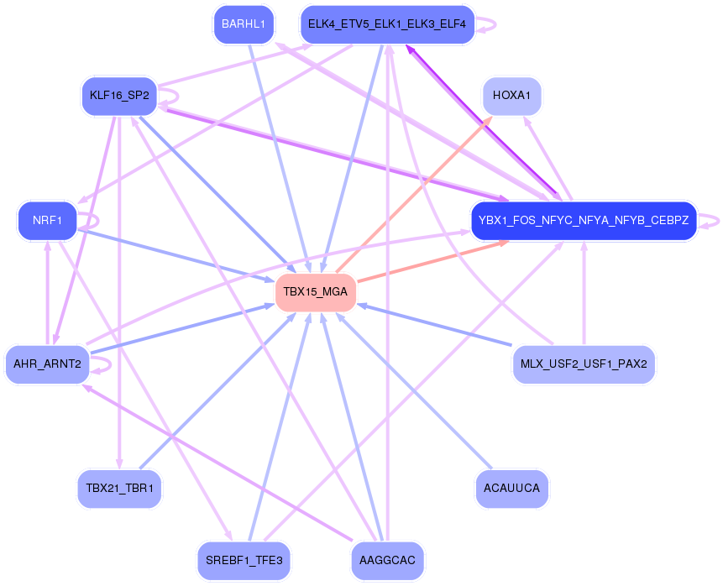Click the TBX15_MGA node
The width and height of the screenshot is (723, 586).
click(x=316, y=293)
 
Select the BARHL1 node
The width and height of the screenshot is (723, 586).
click(x=244, y=24)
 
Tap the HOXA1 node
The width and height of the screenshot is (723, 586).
click(x=511, y=96)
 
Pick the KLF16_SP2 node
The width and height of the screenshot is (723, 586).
click(x=118, y=96)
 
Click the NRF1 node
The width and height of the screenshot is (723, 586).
click(x=47, y=221)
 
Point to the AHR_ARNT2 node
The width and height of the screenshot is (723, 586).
click(x=47, y=364)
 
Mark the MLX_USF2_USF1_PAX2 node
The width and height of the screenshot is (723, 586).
click(x=584, y=364)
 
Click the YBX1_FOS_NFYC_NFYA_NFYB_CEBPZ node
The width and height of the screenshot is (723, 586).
click(x=584, y=221)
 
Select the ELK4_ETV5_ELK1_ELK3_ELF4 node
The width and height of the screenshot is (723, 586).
click(x=387, y=24)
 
